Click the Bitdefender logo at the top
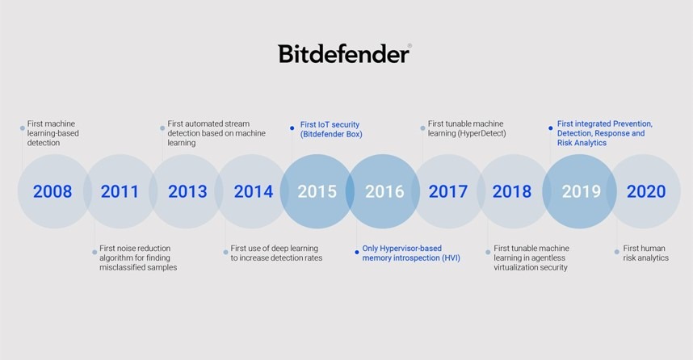(x=345, y=53)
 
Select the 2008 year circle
(x=52, y=192)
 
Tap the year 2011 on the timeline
(x=120, y=192)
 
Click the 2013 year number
(x=187, y=192)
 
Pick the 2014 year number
(x=254, y=192)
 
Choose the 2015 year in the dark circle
(x=317, y=192)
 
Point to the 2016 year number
(x=384, y=192)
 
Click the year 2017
(x=448, y=192)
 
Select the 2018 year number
(x=512, y=192)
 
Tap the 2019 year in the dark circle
(x=582, y=192)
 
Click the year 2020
(x=646, y=192)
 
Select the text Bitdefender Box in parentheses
(x=330, y=134)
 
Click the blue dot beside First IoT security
(x=292, y=126)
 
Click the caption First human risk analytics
(x=646, y=253)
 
